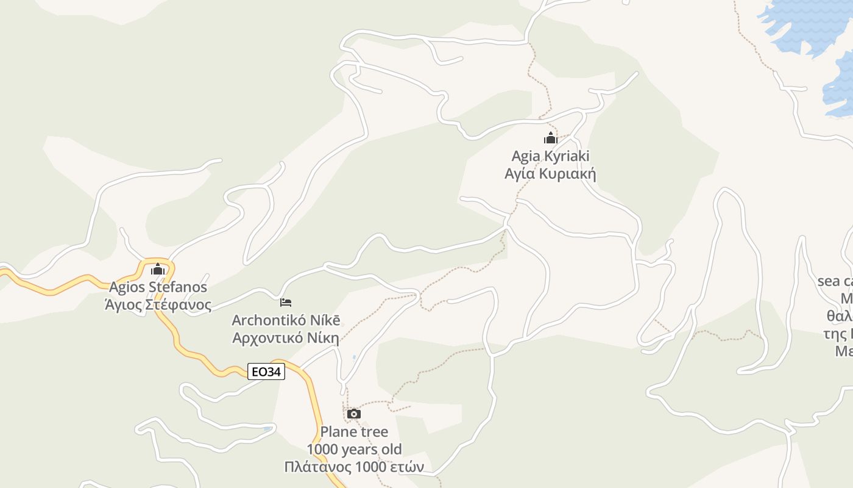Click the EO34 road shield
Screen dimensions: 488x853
point(266,371)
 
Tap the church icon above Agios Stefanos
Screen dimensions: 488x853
point(158,268)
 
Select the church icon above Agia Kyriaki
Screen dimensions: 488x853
point(551,138)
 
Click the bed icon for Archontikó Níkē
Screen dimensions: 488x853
point(286,302)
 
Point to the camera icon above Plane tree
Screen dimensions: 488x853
point(353,414)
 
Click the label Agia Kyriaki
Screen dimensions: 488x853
point(550,156)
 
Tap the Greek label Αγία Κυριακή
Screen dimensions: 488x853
point(550,174)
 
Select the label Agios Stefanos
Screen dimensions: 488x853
point(158,287)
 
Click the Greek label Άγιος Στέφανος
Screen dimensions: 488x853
point(158,304)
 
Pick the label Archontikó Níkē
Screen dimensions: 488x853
point(286,320)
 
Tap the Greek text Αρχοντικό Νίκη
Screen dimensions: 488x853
point(286,338)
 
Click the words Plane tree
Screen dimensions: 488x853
point(354,432)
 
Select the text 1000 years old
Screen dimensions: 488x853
point(354,450)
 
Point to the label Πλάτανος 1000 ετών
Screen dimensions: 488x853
point(354,467)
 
